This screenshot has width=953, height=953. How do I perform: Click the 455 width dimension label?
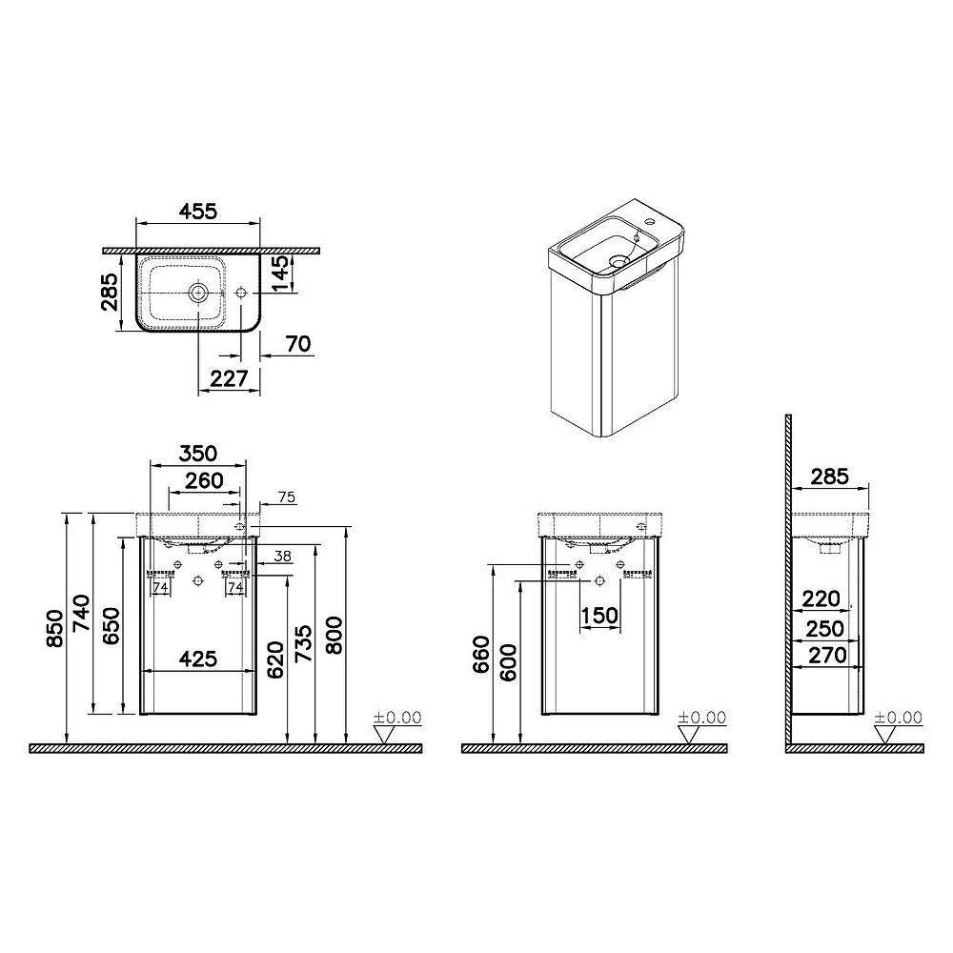pos(199,211)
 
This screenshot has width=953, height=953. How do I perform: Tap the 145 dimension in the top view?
pos(280,274)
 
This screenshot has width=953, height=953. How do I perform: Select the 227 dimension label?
pos(229,378)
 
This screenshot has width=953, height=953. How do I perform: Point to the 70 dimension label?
pos(298,344)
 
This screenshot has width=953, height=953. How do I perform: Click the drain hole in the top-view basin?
pos(198,293)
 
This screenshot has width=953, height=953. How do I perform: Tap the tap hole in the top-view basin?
pos(241,293)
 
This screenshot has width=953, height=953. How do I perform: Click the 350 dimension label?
pos(198,454)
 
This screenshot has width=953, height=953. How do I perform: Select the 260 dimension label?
pos(204,480)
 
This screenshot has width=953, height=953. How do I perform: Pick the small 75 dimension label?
pos(287,497)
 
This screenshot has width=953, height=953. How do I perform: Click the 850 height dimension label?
pos(54,628)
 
